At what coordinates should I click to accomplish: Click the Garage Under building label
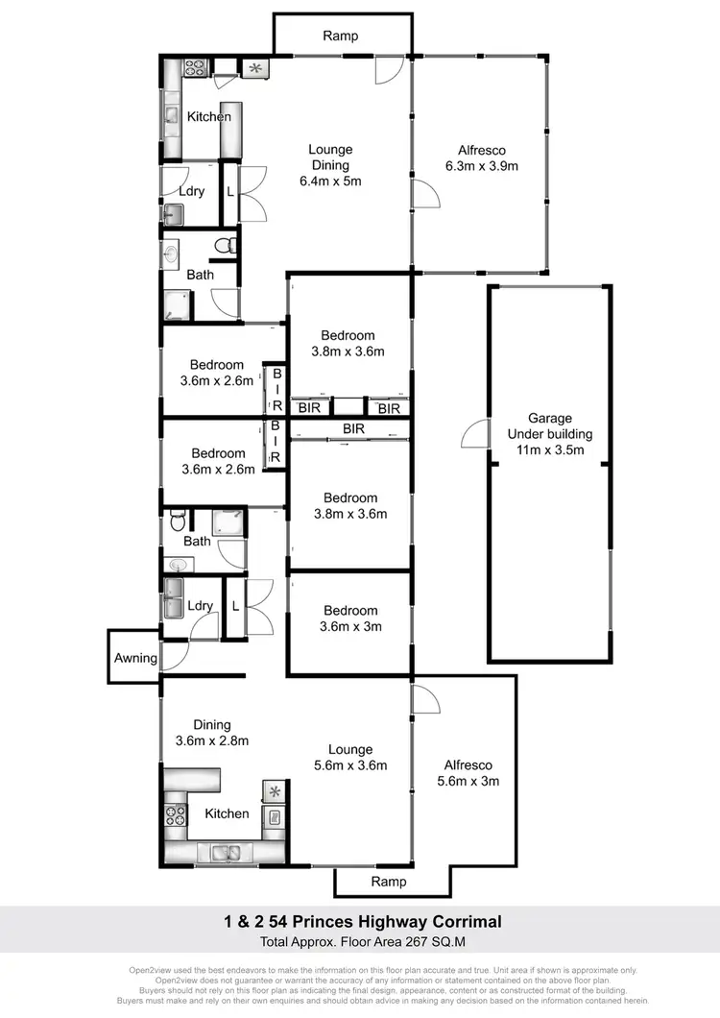(x=550, y=433)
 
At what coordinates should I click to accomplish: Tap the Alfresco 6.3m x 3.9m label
(x=481, y=158)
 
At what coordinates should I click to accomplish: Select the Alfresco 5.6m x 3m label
(x=470, y=773)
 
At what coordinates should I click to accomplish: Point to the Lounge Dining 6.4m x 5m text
(x=330, y=164)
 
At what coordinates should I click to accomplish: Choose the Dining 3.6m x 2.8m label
(x=212, y=733)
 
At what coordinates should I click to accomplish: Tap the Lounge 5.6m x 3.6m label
(x=349, y=758)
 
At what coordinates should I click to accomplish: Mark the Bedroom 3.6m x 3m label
(x=350, y=618)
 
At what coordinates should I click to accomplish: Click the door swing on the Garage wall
(x=475, y=435)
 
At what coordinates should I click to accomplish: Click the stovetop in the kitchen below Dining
(x=177, y=815)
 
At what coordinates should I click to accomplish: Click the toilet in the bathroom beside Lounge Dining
(x=225, y=246)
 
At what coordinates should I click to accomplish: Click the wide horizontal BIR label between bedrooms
(x=353, y=428)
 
